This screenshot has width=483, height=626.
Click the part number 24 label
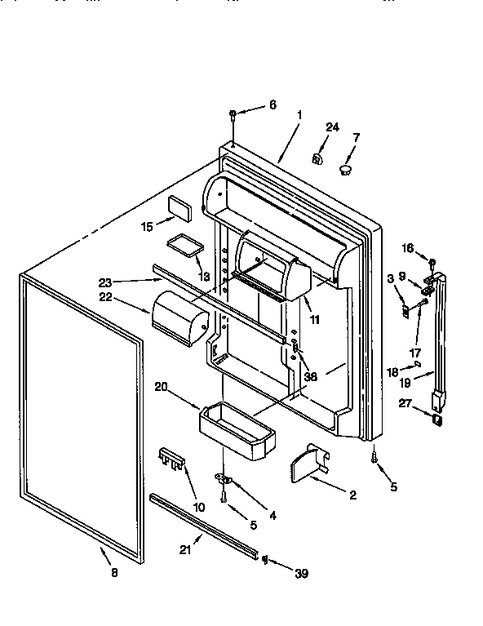pyautogui.click(x=331, y=127)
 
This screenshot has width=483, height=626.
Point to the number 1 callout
pyautogui.click(x=299, y=115)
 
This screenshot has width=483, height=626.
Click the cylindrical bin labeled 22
pyautogui.click(x=176, y=315)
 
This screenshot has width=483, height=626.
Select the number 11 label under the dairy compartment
pyautogui.click(x=314, y=320)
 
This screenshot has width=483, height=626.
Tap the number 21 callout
pyautogui.click(x=184, y=550)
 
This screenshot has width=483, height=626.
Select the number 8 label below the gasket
pyautogui.click(x=113, y=573)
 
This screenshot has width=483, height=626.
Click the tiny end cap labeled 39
pyautogui.click(x=265, y=558)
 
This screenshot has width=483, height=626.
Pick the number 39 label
pyautogui.click(x=301, y=574)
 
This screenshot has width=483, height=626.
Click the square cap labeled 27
pyautogui.click(x=437, y=420)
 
